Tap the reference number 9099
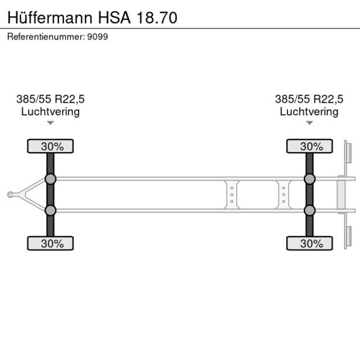tap(97, 37)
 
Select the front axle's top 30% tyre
tap(51, 146)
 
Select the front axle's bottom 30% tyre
tap(51, 243)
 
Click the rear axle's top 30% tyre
tap(309, 146)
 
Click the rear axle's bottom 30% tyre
tap(309, 243)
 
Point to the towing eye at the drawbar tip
tap(10, 195)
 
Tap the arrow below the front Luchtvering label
tap(51, 123)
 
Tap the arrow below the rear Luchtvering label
tap(309, 123)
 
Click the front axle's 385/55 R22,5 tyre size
tap(51, 99)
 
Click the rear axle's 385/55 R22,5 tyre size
tap(309, 99)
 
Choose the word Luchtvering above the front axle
tap(51, 111)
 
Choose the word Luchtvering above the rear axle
tap(309, 111)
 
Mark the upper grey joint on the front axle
tap(51, 179)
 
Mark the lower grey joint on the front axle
tap(51, 210)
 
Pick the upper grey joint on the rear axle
tap(309, 179)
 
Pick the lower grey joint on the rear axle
tap(309, 210)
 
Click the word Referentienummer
tap(45, 37)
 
